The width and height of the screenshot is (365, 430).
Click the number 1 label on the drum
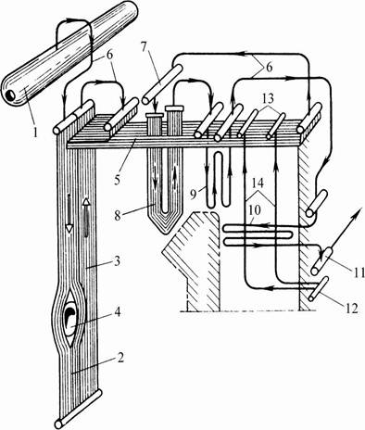[x=35, y=133]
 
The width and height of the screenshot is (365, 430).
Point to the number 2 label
[x=120, y=358]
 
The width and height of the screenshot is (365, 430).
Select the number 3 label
[x=117, y=261]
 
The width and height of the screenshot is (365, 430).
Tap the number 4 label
[x=118, y=312]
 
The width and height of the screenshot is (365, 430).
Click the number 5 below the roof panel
[x=117, y=180]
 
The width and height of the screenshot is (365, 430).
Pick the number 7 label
[x=145, y=46]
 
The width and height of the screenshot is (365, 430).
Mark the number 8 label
[x=118, y=215]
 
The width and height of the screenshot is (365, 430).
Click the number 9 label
[x=194, y=194]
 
